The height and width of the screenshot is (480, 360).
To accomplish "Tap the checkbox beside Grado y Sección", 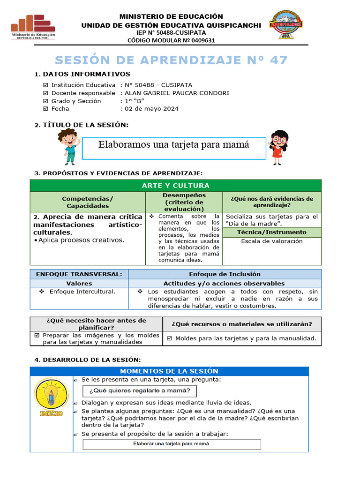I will point(45,101).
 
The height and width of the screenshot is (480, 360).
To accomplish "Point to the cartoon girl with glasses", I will point(279,147).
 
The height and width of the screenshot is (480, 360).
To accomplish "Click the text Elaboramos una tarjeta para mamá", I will point(173,145).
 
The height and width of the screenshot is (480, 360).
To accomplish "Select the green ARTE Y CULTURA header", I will point(175,186).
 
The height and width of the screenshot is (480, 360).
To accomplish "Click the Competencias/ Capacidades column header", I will point(88,202).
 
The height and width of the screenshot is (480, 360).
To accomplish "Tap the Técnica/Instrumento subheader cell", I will point(271,232).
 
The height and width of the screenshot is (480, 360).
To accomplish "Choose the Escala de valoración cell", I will point(271,241).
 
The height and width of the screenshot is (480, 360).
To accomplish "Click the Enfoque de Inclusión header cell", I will point(225,274).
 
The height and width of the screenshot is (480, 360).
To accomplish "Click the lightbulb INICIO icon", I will point(51,397).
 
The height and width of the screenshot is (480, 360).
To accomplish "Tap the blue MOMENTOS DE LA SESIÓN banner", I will point(169,371).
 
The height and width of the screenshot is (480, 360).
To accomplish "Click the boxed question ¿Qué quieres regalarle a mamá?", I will point(139,391).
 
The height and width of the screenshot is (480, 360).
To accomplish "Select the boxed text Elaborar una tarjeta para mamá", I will point(172,443).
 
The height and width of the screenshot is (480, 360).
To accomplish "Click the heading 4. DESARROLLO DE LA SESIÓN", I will point(87,360).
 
